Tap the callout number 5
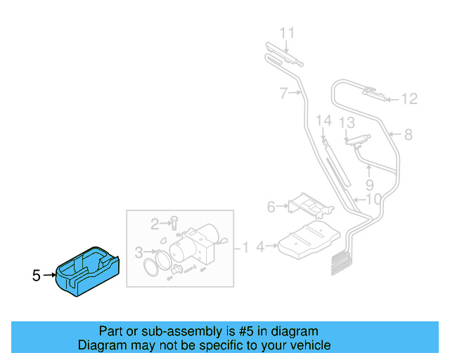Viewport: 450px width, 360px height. [x=37, y=276]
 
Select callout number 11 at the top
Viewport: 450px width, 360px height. [x=288, y=32]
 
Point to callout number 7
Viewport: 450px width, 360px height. [x=284, y=93]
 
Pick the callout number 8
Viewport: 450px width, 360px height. [x=407, y=134]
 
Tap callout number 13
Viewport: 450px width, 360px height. [x=347, y=123]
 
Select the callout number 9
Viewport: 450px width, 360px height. [x=369, y=186]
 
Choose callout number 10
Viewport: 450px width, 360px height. [x=373, y=199]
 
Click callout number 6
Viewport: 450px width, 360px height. [x=271, y=207]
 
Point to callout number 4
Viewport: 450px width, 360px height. [x=261, y=247]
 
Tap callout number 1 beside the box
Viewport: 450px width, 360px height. [x=245, y=247]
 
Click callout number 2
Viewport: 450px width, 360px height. [x=155, y=224]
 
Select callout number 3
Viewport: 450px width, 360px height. [x=139, y=252]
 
